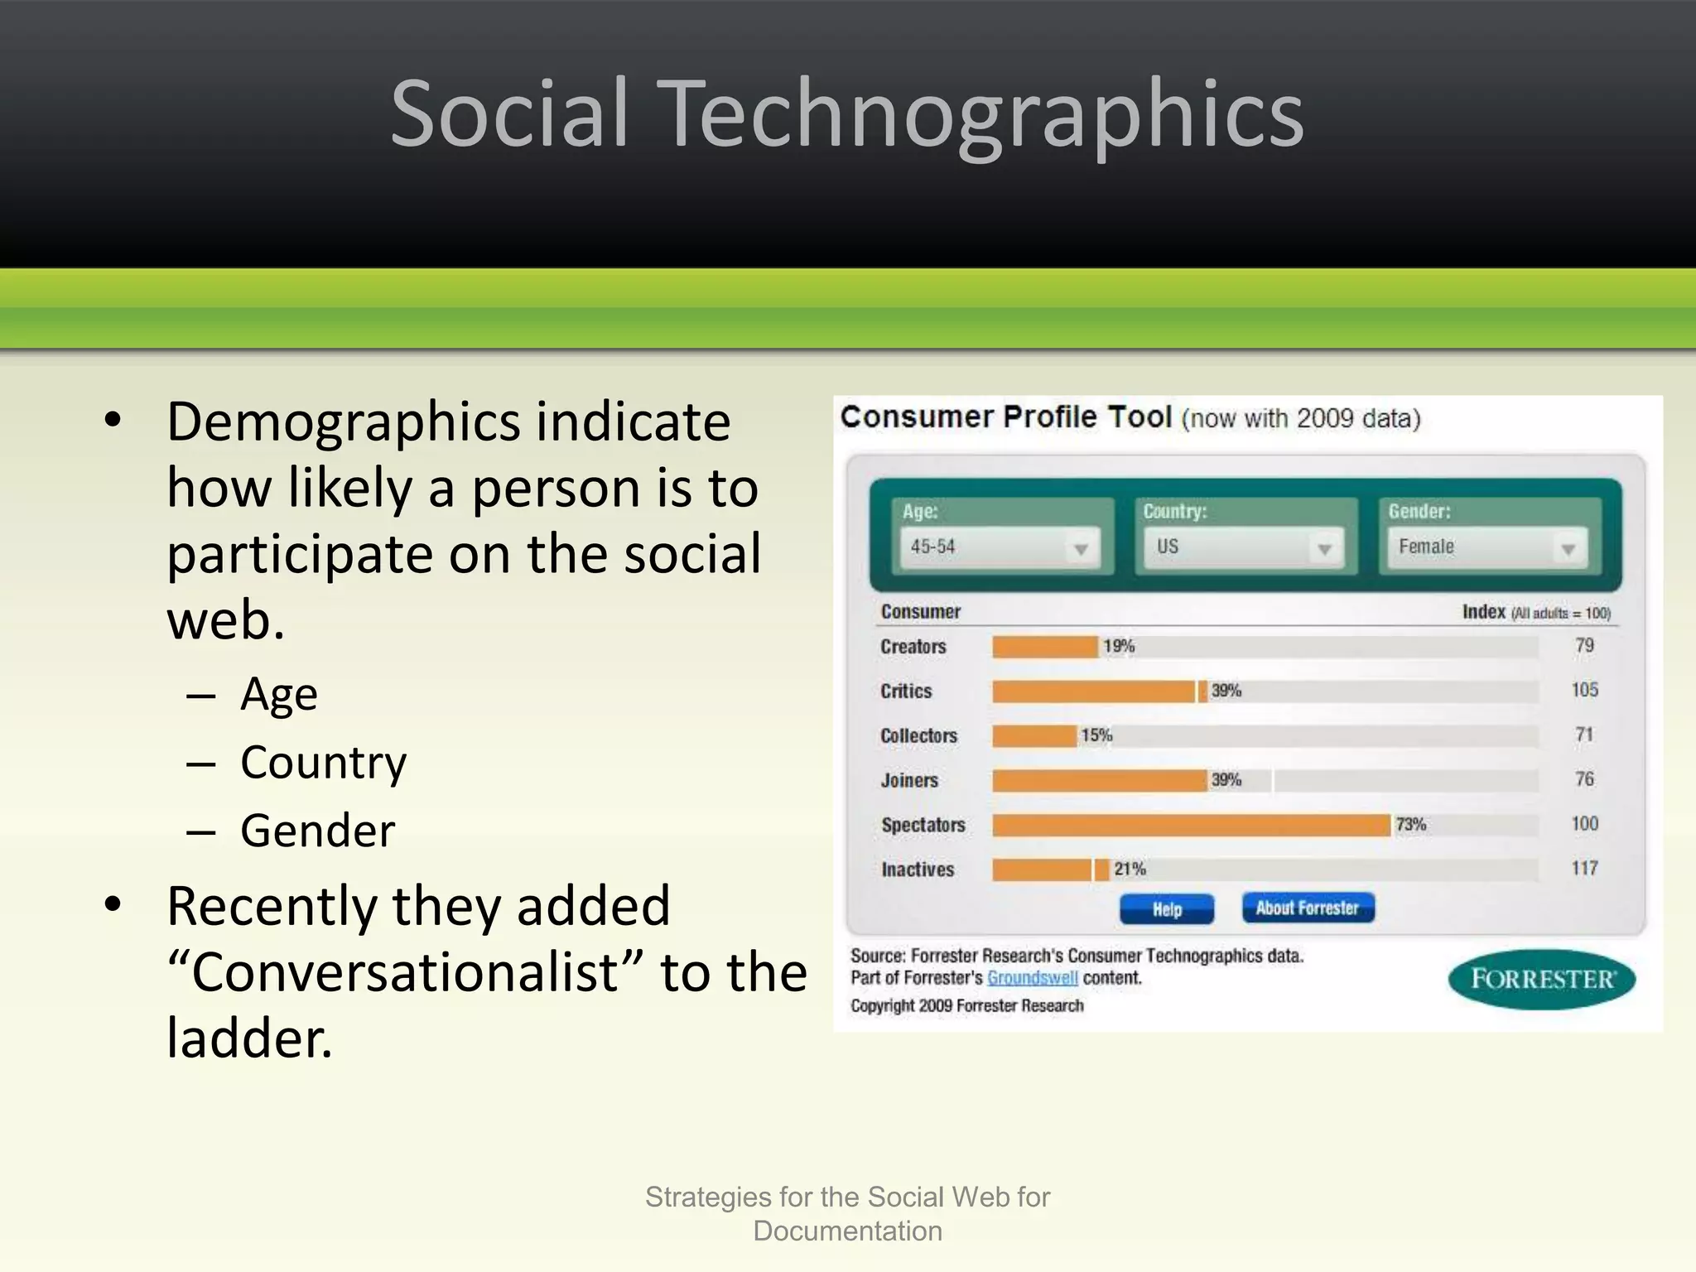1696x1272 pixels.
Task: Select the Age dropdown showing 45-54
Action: tap(1000, 547)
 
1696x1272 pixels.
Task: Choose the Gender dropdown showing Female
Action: tap(1487, 547)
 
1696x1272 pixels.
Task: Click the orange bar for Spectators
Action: tap(1191, 825)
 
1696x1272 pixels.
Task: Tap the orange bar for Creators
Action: tap(1045, 647)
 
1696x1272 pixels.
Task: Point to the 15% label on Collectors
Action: tap(1096, 735)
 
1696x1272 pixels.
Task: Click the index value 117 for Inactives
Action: tap(1584, 869)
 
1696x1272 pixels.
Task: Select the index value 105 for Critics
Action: tap(1584, 690)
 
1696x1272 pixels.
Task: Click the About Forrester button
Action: tap(1308, 908)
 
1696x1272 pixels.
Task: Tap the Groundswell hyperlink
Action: tap(1032, 978)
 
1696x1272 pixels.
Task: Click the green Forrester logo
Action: tap(1542, 980)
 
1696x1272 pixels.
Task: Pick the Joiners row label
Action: tap(909, 780)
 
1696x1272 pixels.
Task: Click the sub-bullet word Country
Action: tap(323, 763)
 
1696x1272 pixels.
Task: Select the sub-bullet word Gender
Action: tap(317, 831)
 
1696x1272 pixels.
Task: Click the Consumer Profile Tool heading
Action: tap(1005, 417)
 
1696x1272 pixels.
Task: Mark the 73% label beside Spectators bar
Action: tap(1411, 825)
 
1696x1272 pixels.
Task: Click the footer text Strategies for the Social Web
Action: tap(847, 1197)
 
